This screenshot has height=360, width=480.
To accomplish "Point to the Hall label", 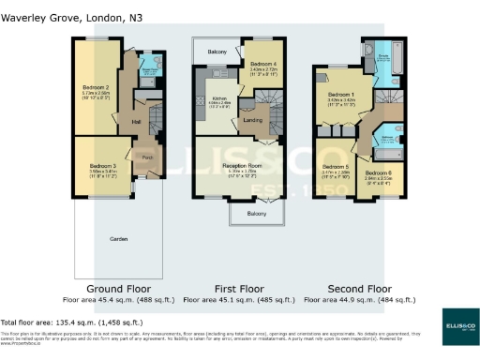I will pos(135,121).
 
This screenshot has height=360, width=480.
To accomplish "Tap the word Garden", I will pos(119,239).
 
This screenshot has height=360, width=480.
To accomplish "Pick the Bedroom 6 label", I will pos(378,173).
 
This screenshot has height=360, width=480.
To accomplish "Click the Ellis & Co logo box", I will pos(449,325).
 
